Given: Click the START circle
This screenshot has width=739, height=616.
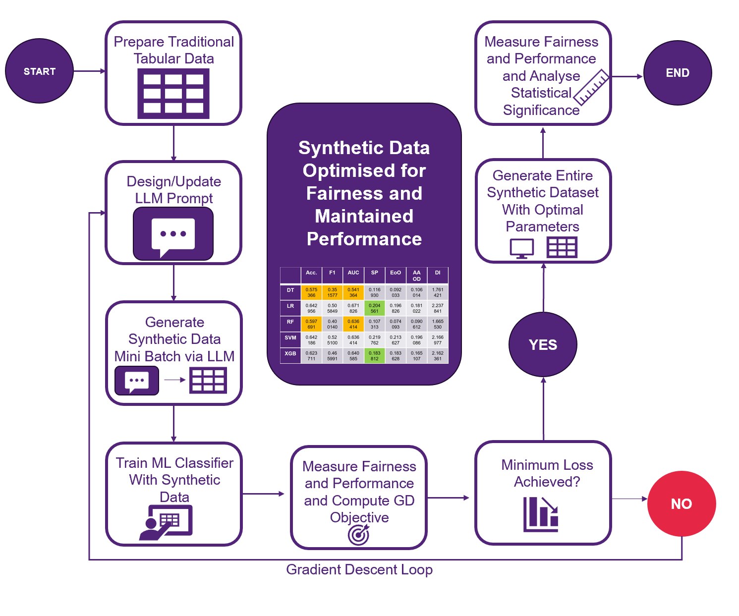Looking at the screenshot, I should (39, 71).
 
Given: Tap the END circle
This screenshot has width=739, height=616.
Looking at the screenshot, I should (677, 73).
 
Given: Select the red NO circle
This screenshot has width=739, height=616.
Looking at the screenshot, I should (681, 504).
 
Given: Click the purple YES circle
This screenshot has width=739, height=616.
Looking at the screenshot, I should (543, 344).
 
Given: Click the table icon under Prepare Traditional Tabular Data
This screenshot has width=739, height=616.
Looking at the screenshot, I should (173, 94).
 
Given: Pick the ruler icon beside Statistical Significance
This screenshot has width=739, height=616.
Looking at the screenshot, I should (591, 87).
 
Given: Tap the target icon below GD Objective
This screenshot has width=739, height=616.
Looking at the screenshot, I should (358, 535).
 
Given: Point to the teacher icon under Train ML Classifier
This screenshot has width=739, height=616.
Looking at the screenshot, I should (166, 521).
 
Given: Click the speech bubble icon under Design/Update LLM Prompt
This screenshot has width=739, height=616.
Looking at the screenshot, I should (173, 234).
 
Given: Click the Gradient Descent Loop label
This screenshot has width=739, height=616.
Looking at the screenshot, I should (359, 570).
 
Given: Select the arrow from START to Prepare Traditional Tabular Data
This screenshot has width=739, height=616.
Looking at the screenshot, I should (89, 71).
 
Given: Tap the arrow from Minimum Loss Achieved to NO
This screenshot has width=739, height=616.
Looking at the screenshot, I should (629, 499).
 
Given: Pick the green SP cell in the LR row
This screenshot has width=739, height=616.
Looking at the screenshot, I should (374, 308).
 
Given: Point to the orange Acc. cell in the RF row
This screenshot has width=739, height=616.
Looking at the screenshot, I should (311, 324).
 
